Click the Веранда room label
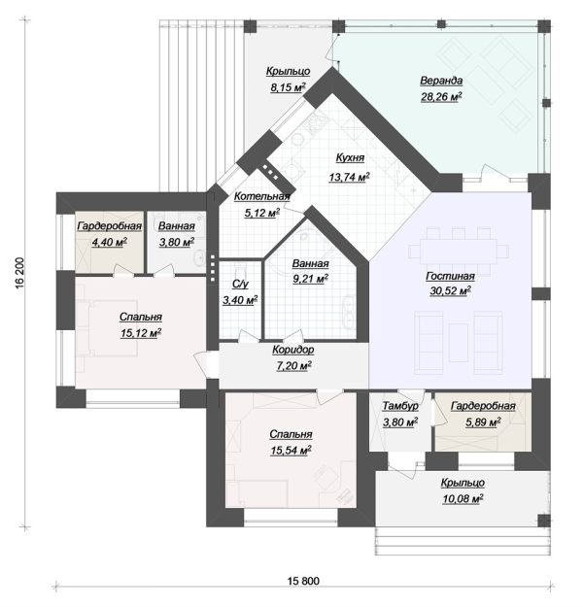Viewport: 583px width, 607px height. point(441,81)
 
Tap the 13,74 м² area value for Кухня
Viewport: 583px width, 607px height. point(349,177)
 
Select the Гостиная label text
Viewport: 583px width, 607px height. point(450,276)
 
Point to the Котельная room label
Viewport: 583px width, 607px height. point(262,196)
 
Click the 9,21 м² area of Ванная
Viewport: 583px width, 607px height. point(310,279)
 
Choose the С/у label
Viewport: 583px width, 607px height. point(240,285)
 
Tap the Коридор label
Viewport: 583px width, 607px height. point(293,350)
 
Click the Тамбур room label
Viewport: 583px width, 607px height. point(400,406)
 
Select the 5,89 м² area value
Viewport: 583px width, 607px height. point(483,422)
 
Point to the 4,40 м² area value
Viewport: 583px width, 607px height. point(109,243)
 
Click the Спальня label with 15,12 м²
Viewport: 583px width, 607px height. point(141,317)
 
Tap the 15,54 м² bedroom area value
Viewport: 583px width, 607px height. point(291,451)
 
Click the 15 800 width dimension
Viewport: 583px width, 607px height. point(303,581)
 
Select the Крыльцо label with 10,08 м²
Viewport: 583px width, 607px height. point(463,483)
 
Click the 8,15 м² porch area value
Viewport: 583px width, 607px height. point(288,87)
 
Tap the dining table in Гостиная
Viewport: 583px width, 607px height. point(459,252)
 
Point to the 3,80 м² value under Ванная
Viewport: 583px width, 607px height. point(177,243)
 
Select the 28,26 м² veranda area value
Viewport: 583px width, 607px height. point(441,97)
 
